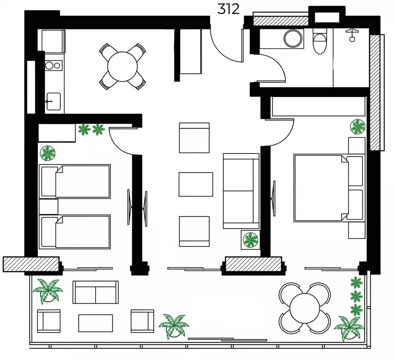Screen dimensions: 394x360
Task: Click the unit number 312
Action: [x=228, y=9]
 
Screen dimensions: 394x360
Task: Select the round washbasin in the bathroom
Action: [x=293, y=39]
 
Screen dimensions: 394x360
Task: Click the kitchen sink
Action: [x=53, y=101]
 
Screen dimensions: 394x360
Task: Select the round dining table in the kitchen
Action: [x=122, y=67]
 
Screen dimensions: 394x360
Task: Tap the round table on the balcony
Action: [x=305, y=308]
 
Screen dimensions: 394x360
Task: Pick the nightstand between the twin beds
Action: [x=49, y=207]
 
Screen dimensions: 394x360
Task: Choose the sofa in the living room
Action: [x=241, y=191]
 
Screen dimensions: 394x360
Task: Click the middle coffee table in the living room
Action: [x=196, y=184]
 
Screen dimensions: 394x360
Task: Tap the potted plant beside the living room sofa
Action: [x=250, y=240]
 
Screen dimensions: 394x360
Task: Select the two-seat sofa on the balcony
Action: [x=96, y=293]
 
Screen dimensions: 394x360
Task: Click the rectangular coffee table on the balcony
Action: [x=96, y=323]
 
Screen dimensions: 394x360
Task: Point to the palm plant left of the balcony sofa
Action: [x=48, y=291]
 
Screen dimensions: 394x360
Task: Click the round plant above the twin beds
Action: [x=48, y=153]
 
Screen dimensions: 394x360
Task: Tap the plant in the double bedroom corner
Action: [x=357, y=127]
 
